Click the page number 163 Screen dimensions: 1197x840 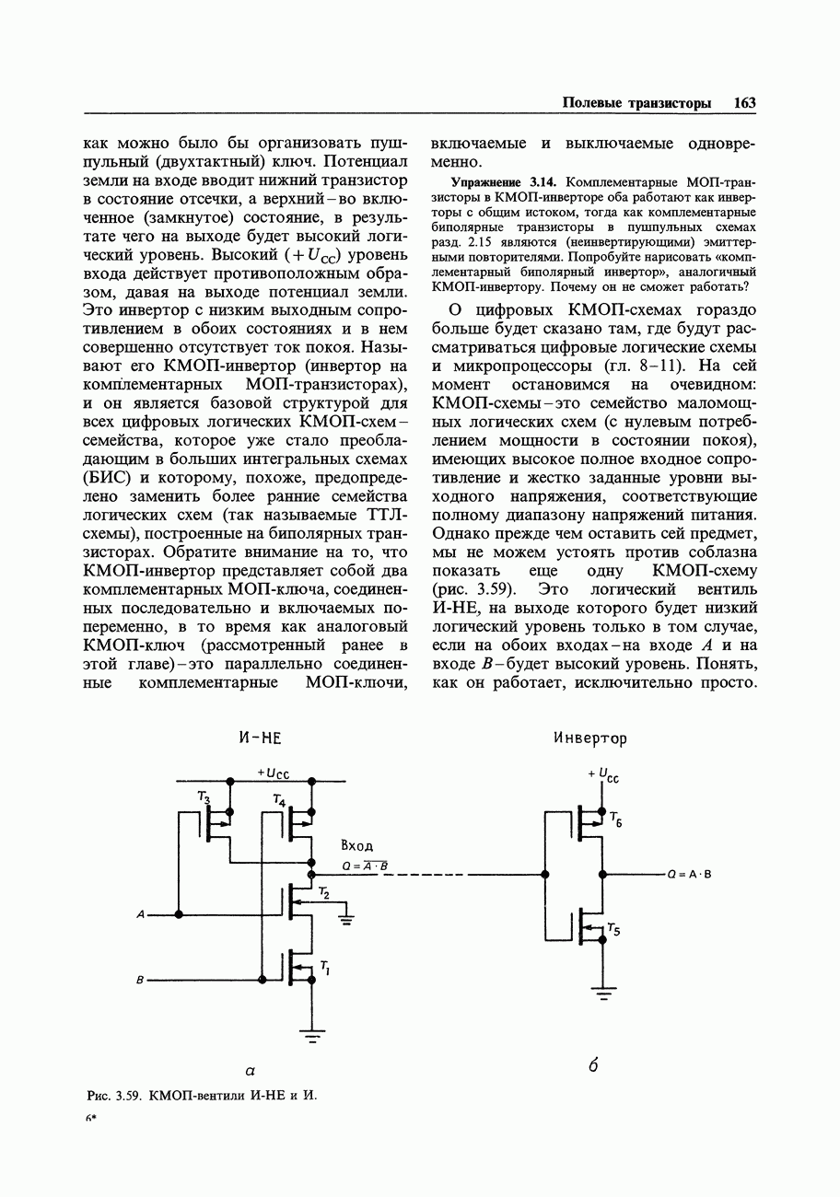click(744, 103)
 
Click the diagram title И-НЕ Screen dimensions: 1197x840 click(259, 738)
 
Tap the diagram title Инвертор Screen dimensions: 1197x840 click(590, 738)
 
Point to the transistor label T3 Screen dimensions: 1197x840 click(204, 797)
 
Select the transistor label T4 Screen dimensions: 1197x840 click(279, 802)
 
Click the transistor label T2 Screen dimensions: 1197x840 click(323, 892)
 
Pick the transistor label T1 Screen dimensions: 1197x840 click(324, 966)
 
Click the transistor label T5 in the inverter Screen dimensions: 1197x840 click(614, 930)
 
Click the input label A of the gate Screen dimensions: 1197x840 click(140, 914)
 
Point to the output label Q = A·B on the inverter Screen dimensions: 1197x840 click(690, 874)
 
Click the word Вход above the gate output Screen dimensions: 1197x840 click(356, 846)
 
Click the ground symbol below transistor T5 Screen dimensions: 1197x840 click(603, 993)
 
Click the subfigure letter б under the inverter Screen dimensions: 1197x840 click(593, 1066)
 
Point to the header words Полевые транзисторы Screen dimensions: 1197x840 click(636, 103)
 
